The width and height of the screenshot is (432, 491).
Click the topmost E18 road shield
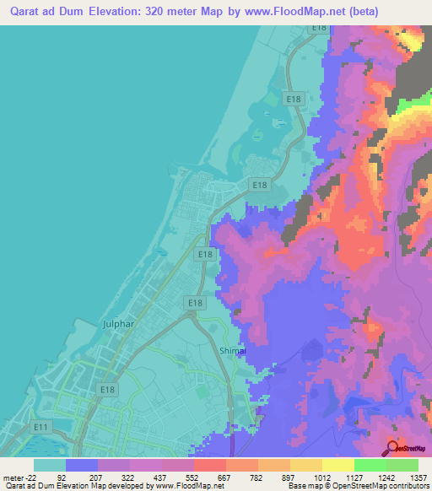tap(318, 27)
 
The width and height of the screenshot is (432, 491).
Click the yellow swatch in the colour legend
tap(337, 465)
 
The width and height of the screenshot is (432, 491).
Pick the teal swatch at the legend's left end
tap(50, 465)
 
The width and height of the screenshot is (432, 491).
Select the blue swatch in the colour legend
tap(82, 465)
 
